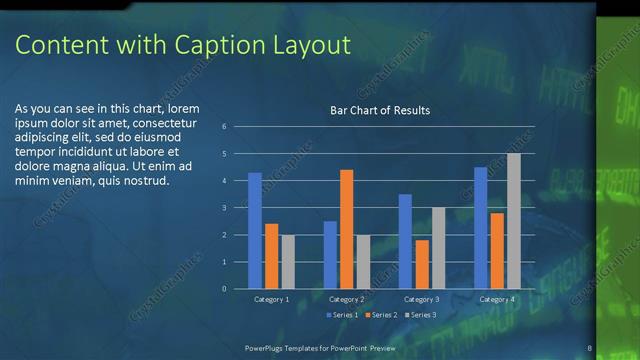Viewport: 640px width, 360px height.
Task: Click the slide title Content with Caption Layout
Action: coord(184,45)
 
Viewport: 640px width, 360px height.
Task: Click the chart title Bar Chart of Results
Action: coord(380,110)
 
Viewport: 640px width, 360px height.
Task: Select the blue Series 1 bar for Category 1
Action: coord(255,230)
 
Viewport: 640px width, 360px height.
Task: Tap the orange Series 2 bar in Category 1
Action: coord(271,256)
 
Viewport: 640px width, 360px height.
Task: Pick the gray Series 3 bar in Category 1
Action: coord(288,261)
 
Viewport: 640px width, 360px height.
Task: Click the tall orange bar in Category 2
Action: coord(346,229)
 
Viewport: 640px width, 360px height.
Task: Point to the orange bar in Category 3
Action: coord(422,264)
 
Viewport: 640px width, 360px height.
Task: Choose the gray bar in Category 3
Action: coord(438,247)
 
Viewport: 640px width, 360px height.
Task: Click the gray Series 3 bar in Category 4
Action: coord(513,220)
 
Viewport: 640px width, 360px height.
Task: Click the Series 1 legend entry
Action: coord(343,315)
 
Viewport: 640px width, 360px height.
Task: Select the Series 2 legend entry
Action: coord(381,315)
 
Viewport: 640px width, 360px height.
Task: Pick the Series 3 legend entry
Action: coord(420,315)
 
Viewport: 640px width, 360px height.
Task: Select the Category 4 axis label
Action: coord(496,299)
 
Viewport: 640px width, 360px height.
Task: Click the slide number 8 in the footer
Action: coord(590,347)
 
